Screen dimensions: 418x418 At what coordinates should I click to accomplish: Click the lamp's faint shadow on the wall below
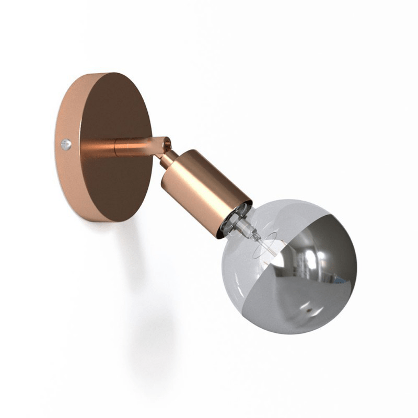pyautogui.click(x=152, y=334)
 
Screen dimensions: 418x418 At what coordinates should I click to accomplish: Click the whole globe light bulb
pyautogui.click(x=287, y=266)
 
